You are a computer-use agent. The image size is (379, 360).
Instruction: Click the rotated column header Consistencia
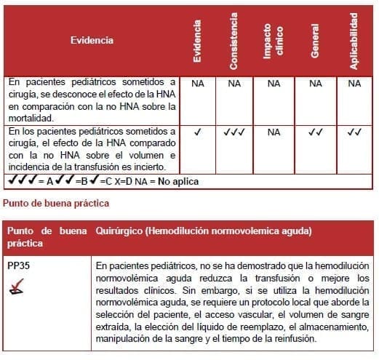coord(234,42)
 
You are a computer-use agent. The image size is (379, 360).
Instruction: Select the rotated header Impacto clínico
coord(273,42)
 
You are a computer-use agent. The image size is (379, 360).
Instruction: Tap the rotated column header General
coord(315,42)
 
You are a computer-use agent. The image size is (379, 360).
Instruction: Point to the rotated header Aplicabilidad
coord(354,42)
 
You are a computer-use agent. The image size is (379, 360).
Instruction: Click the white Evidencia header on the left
coord(92,40)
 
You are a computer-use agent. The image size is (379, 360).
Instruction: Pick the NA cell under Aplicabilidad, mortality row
coord(354,84)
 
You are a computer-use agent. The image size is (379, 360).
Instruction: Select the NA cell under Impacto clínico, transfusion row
coord(274,132)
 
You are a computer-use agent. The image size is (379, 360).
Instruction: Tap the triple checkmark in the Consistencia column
coord(234,132)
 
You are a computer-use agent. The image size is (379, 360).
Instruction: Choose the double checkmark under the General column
coord(315,132)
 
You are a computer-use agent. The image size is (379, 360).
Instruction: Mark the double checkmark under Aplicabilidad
coord(354,132)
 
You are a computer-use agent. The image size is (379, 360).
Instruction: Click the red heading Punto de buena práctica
coord(57,202)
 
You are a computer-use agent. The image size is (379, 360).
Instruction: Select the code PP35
coord(19,265)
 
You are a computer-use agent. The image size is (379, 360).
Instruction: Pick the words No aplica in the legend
coord(176,181)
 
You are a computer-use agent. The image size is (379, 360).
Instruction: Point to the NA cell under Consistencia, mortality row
coord(234,84)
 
